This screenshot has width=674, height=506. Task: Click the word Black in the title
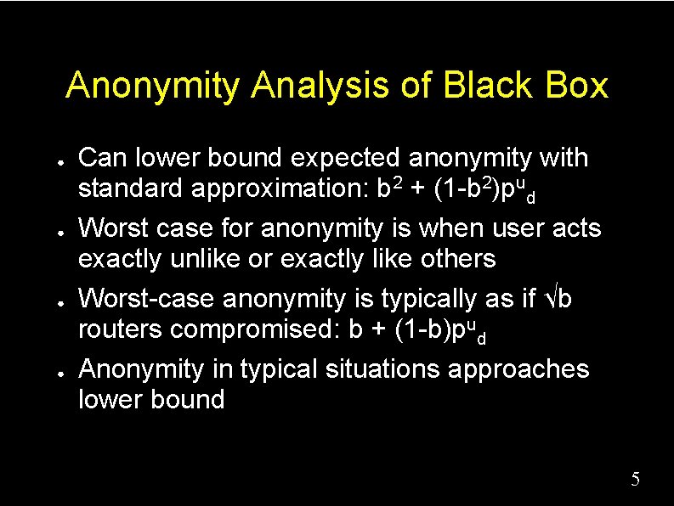[484, 86]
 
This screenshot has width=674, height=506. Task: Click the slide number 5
[635, 481]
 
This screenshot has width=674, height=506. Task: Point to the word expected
[345, 158]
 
